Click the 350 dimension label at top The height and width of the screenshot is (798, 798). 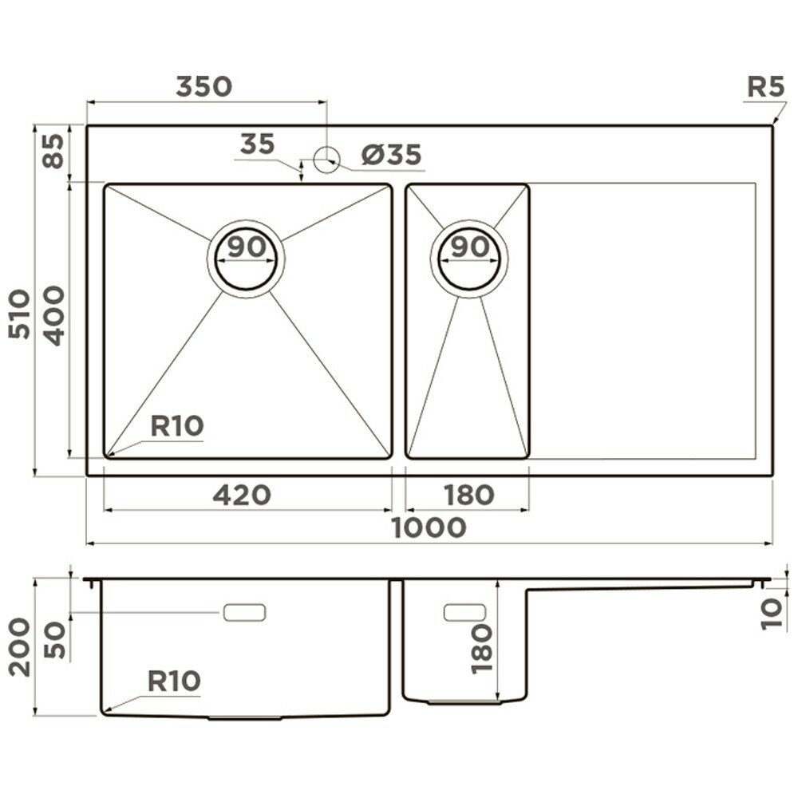(x=203, y=85)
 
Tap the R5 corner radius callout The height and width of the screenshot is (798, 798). (x=765, y=88)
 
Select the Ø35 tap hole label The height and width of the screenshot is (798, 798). (x=390, y=155)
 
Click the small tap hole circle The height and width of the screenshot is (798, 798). (x=326, y=160)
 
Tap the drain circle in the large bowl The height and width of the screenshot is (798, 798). (x=246, y=259)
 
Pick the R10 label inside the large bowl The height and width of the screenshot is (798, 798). (x=177, y=426)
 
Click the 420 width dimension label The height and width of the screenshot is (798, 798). (x=242, y=496)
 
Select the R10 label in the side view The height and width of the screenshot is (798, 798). (x=173, y=681)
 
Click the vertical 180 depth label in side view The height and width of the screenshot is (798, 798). (x=484, y=648)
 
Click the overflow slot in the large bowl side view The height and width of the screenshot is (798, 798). (x=243, y=612)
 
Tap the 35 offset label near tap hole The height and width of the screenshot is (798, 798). (x=256, y=144)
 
